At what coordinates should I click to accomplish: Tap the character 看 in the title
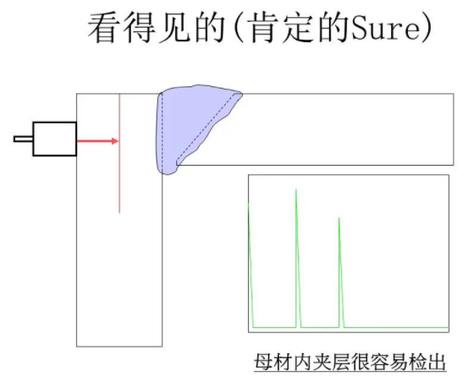tap(103, 28)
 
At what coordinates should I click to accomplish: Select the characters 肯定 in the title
tap(284, 28)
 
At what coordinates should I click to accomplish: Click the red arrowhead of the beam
tap(115, 141)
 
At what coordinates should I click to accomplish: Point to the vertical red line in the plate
tap(119, 153)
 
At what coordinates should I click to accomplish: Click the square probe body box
tap(55, 139)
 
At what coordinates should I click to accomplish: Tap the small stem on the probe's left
tap(24, 139)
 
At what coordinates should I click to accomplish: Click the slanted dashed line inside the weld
tap(209, 128)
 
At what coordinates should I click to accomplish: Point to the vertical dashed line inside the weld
tap(162, 134)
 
